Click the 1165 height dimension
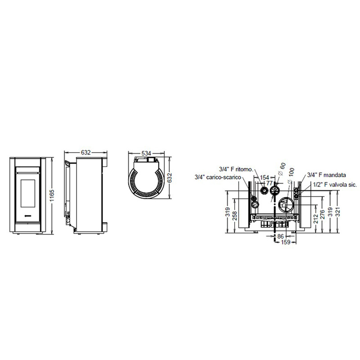[52, 195]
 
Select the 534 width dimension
[146, 153]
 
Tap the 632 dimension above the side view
[86, 153]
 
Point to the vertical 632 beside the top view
[170, 178]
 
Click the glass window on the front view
[28, 193]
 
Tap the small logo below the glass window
[28, 216]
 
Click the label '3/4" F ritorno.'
[236, 170]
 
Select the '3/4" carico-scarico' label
[218, 177]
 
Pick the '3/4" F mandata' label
[327, 175]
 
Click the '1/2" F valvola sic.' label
[335, 184]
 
